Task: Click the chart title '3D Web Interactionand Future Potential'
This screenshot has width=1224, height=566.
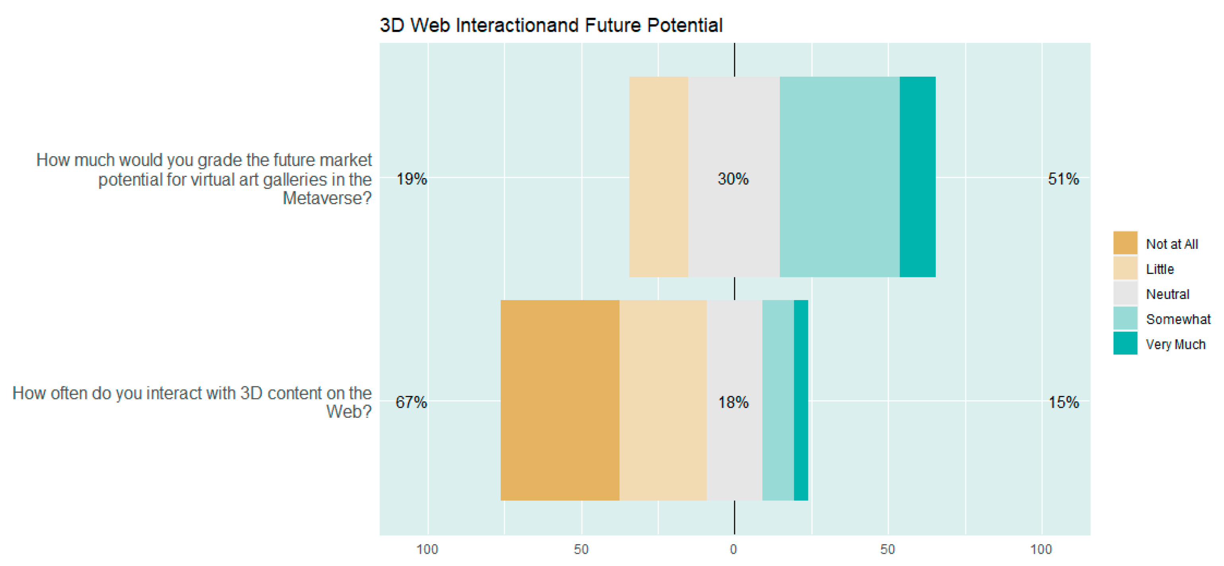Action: [x=551, y=25]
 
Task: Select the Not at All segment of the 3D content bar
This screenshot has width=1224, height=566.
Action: [x=560, y=400]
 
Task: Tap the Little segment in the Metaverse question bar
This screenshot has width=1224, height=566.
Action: [x=659, y=176]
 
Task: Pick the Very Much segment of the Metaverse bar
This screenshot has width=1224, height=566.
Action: [x=917, y=176]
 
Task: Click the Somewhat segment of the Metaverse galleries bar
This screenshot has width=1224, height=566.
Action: [x=839, y=176]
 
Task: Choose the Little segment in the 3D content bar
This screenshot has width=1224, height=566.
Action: [x=663, y=400]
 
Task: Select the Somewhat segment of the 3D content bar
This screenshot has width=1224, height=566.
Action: [x=778, y=400]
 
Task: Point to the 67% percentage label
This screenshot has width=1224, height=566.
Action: [x=411, y=402]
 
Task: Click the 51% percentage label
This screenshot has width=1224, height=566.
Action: [x=1063, y=179]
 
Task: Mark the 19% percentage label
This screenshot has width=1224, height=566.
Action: [x=412, y=179]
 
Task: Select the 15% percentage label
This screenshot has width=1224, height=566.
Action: [x=1063, y=402]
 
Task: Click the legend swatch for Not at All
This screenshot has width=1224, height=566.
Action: [x=1125, y=243]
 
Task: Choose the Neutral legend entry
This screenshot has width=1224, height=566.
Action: [x=1167, y=294]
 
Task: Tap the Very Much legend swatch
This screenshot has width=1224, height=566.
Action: [x=1125, y=343]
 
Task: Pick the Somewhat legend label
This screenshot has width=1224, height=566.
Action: [x=1177, y=319]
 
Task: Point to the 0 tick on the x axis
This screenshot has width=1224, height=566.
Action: [x=733, y=549]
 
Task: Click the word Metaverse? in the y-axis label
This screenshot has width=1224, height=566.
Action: [x=327, y=198]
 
